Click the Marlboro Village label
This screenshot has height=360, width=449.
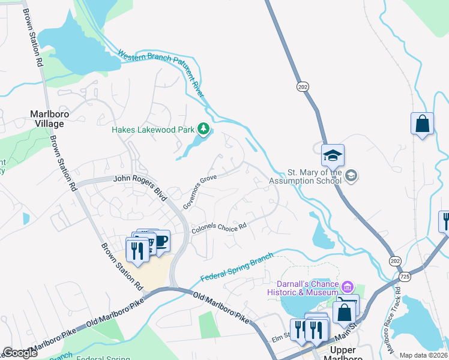coord(47,118)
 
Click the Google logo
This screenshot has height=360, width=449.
coord(20,353)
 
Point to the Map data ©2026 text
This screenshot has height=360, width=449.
coord(423,355)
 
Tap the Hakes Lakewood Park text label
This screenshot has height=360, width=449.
coord(155,129)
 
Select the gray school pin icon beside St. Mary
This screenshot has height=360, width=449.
coord(352,175)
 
